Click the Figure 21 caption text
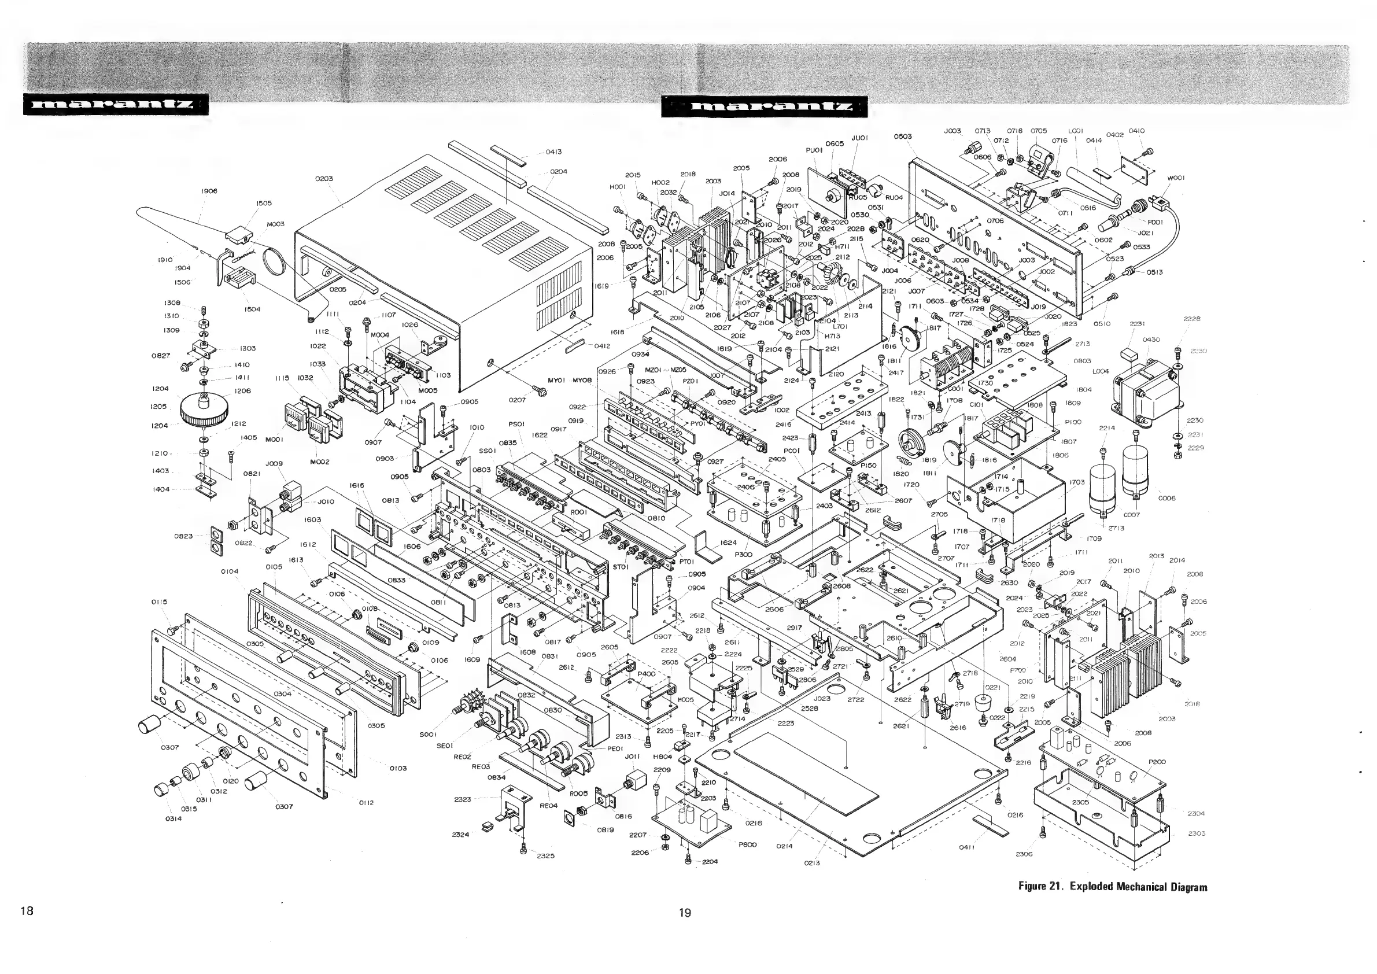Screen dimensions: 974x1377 pos(1113,887)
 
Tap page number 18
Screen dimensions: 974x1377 pos(27,911)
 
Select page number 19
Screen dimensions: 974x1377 pos(685,913)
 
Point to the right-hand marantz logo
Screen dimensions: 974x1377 pos(765,107)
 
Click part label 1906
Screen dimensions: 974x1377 pos(209,191)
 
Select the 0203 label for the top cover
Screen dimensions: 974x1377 pos(323,179)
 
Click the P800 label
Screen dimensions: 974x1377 pos(747,844)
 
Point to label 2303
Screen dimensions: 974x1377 pos(1196,833)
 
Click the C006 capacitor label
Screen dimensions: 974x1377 pos(1166,498)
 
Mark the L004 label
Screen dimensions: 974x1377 pos(1101,372)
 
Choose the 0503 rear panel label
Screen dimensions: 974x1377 pos(903,136)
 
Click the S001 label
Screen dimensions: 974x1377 pos(427,734)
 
